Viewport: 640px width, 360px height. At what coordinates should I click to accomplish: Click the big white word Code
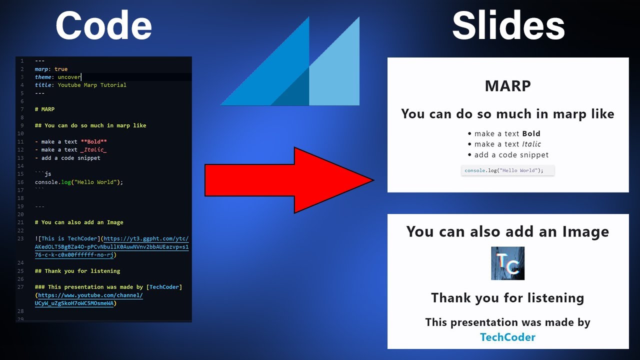[x=103, y=26]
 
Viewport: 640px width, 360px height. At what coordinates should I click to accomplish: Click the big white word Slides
[x=508, y=26]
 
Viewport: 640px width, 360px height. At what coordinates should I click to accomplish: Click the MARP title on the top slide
[x=507, y=86]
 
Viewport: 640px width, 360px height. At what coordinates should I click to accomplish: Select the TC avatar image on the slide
[x=507, y=263]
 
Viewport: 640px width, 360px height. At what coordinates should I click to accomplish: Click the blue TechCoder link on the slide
[x=507, y=337]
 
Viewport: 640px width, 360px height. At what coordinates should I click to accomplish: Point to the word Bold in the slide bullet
[x=531, y=133]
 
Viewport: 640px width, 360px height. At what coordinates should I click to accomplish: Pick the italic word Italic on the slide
[x=531, y=144]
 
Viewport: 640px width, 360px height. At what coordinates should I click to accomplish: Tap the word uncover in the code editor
[x=69, y=77]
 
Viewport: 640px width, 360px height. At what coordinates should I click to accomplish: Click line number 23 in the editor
[x=20, y=238]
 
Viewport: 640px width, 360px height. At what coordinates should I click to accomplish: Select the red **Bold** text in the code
[x=93, y=141]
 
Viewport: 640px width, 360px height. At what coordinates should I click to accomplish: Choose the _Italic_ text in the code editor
[x=93, y=149]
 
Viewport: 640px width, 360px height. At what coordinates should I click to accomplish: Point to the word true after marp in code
[x=61, y=69]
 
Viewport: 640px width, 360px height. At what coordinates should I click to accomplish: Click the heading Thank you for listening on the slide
[x=507, y=298]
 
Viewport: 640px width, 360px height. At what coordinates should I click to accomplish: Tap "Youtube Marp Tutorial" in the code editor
[x=92, y=85]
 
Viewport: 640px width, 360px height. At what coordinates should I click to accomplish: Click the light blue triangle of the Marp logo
[x=340, y=75]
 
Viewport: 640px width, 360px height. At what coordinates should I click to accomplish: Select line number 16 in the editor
[x=20, y=182]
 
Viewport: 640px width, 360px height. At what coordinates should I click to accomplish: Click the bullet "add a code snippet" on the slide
[x=511, y=155]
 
